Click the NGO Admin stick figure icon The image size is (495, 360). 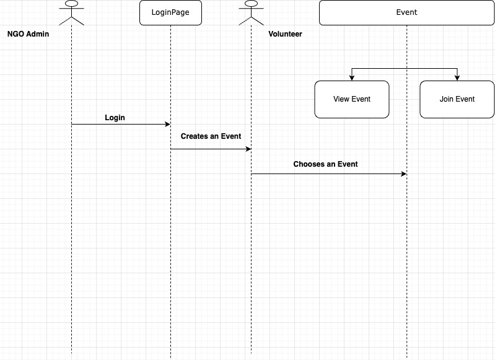(72, 14)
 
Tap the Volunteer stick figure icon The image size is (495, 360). (251, 14)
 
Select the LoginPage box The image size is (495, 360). (170, 12)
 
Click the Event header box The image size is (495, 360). (406, 12)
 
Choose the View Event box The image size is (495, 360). (351, 99)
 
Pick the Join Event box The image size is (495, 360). (457, 99)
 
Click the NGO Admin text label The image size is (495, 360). (28, 34)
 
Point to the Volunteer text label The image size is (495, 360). (285, 34)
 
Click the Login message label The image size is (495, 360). (115, 117)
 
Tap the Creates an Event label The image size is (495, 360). (211, 136)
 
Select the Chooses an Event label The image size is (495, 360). (325, 164)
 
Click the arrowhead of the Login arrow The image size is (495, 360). (167, 124)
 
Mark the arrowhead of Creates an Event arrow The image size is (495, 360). (248, 149)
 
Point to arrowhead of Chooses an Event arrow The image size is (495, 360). (403, 173)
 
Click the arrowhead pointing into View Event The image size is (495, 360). (351, 77)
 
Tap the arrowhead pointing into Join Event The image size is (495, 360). (457, 77)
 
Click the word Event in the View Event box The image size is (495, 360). (361, 99)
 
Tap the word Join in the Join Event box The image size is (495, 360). (446, 99)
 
